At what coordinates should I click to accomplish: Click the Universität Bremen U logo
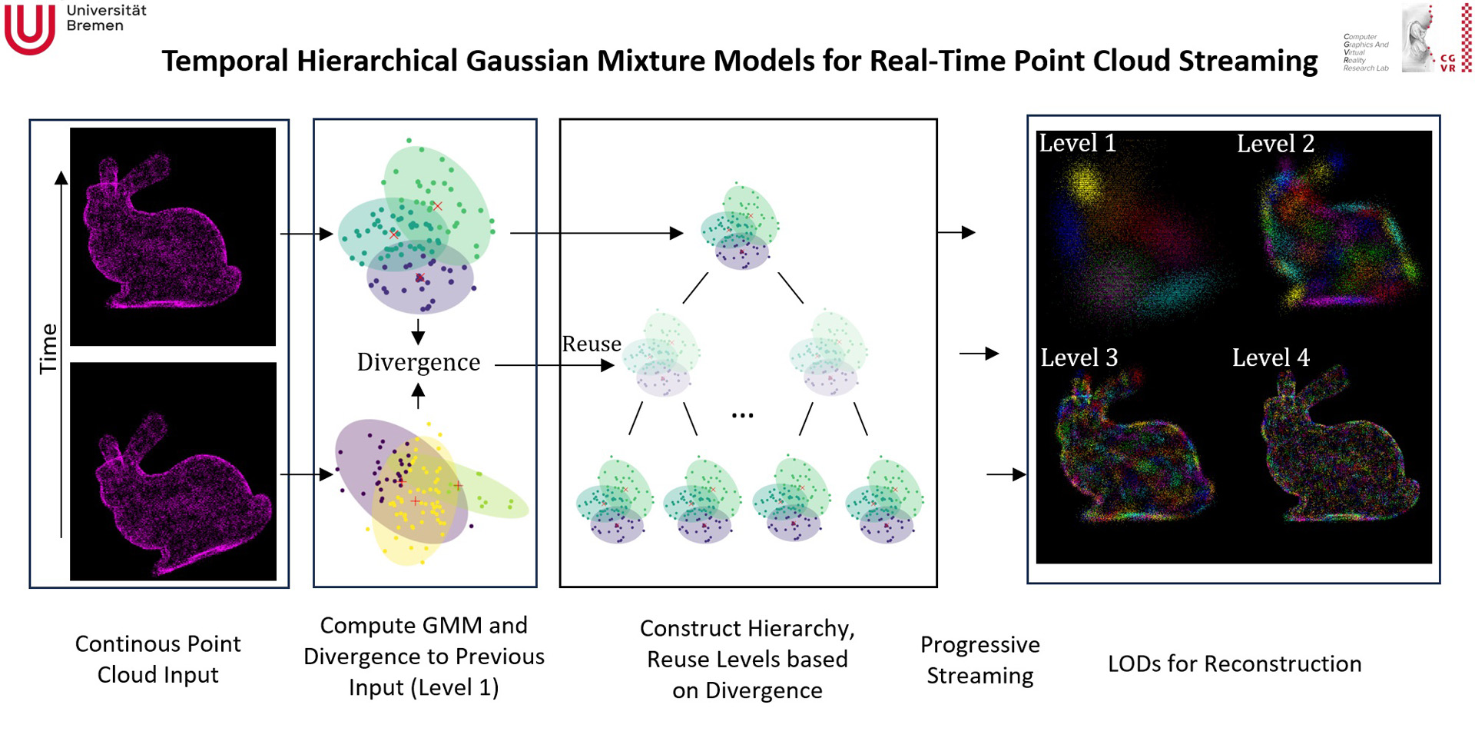point(29,29)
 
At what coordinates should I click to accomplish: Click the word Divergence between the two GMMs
point(419,362)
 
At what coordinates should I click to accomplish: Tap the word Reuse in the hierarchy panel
point(591,344)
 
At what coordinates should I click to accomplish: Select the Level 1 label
point(1077,143)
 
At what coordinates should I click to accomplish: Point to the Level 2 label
point(1275,144)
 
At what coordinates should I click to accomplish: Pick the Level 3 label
point(1079,357)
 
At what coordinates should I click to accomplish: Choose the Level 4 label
point(1271,357)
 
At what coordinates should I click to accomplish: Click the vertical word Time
point(48,348)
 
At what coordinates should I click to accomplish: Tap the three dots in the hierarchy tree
point(742,416)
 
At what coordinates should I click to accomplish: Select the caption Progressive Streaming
point(979,660)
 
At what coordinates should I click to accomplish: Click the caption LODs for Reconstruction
point(1234,663)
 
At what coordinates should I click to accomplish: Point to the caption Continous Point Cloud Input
point(158,659)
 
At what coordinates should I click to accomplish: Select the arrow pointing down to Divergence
point(418,331)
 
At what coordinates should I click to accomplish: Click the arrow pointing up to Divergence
point(418,395)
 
